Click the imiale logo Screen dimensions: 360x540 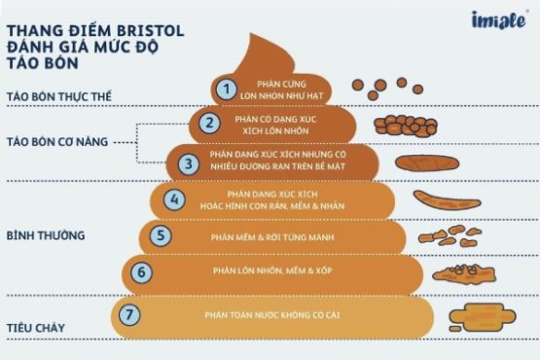[496, 19]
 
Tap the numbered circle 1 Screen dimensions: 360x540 [225, 90]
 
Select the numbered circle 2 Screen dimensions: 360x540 [208, 124]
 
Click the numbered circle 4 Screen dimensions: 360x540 [174, 200]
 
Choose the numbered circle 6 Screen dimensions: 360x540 [142, 271]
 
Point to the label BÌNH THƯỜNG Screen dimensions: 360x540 [46, 235]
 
